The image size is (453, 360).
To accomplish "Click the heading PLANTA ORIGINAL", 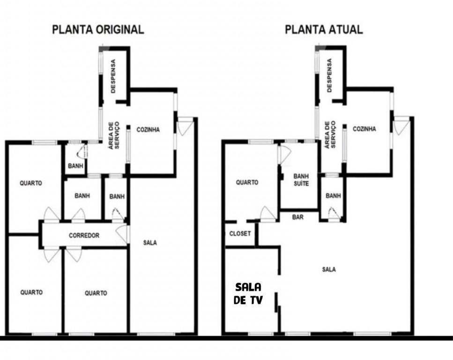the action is [x=98, y=30].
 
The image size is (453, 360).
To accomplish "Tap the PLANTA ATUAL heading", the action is [x=324, y=30].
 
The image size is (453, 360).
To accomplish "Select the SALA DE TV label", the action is [x=248, y=294].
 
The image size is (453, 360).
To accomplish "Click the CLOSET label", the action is [x=240, y=233].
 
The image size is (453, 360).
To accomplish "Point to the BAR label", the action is [x=298, y=217].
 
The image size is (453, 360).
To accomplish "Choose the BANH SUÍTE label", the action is [x=301, y=180].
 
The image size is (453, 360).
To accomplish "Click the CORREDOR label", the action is [x=84, y=235].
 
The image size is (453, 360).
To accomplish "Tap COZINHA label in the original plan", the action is [x=148, y=129].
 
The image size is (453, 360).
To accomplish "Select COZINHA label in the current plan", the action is [x=364, y=129].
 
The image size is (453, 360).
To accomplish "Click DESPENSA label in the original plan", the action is [x=113, y=76].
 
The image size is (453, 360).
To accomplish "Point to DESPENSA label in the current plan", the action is [x=329, y=75].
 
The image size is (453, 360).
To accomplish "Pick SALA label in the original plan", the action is [x=150, y=243].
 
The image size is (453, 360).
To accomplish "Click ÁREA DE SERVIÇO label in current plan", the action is [x=330, y=135].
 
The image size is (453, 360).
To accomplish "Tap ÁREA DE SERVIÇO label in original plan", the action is [x=113, y=135].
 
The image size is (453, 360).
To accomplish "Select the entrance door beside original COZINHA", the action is [x=185, y=126].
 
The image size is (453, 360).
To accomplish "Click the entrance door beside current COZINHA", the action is [x=401, y=126].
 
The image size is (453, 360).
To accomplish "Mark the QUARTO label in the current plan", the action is [x=247, y=182].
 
